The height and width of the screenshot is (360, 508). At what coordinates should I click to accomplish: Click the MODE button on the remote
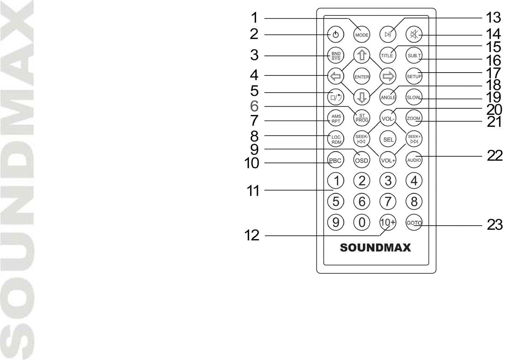point(362,35)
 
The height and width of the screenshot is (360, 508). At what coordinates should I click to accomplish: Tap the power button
point(336,35)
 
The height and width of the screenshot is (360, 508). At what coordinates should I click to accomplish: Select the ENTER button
point(362,77)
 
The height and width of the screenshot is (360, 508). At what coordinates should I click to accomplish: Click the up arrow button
point(362,55)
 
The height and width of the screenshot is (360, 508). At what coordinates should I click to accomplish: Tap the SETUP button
point(414,76)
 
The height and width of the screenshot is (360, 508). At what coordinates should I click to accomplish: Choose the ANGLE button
point(388,97)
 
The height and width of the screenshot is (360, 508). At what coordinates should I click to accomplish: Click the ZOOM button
point(414,118)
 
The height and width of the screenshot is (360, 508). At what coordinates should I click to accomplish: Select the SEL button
point(388,139)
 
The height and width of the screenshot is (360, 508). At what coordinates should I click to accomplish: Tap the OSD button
point(361,160)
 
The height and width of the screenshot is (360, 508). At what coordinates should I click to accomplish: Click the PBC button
point(335,160)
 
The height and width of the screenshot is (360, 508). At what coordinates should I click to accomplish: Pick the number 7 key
point(388,201)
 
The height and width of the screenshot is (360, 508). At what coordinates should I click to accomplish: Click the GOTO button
point(414,223)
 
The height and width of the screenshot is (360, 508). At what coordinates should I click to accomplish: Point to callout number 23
point(495,225)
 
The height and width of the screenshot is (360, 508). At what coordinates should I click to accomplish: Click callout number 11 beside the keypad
point(253,191)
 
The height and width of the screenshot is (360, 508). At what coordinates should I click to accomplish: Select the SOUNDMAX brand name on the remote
point(375,248)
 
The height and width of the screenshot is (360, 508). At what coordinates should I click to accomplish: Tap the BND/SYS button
point(336,56)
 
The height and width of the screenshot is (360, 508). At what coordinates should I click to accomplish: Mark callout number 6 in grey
point(254,106)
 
